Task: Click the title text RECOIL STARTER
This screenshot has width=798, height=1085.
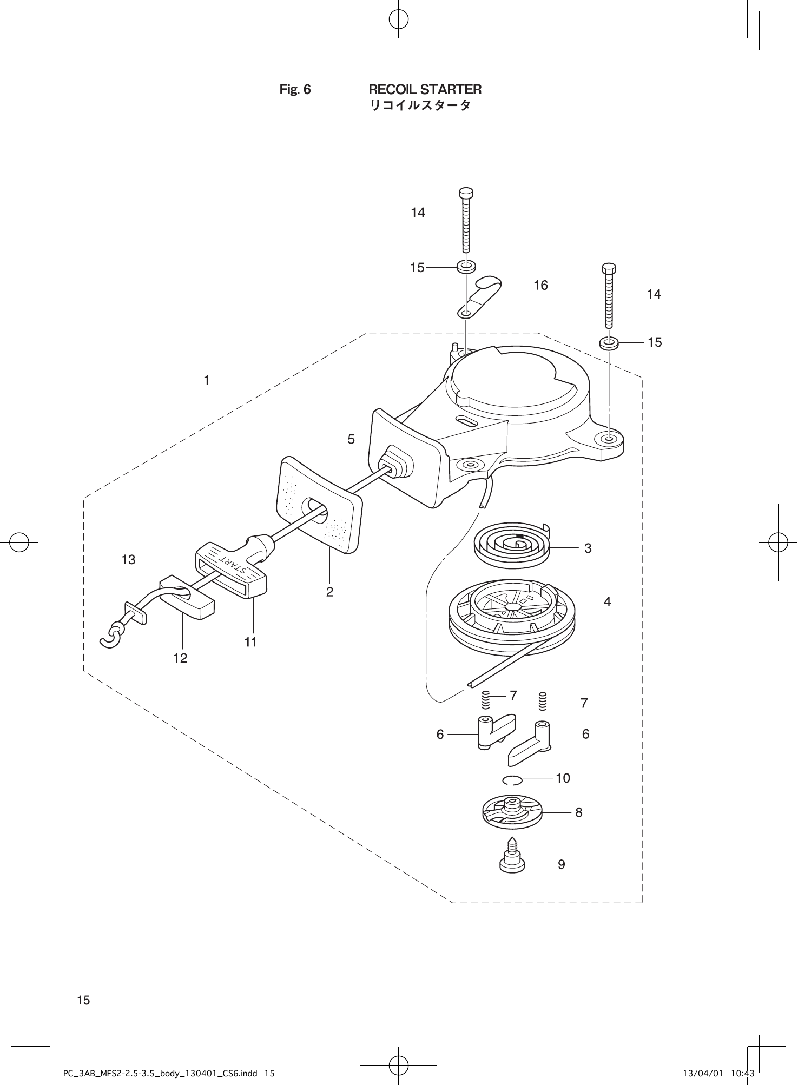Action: pyautogui.click(x=425, y=89)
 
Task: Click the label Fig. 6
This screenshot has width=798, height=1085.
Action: pyautogui.click(x=295, y=89)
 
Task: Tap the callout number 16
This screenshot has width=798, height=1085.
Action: pyautogui.click(x=540, y=285)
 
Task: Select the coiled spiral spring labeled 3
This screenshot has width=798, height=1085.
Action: pyautogui.click(x=511, y=545)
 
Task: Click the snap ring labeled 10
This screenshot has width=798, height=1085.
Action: pyautogui.click(x=512, y=779)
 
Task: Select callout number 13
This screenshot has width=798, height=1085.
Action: pyautogui.click(x=128, y=560)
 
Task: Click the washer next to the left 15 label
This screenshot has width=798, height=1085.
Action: pyautogui.click(x=466, y=267)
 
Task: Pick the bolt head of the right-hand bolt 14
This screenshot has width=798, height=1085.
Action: pyautogui.click(x=609, y=268)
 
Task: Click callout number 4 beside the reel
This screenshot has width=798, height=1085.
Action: pyautogui.click(x=607, y=601)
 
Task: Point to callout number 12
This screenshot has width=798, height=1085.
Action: pyautogui.click(x=180, y=658)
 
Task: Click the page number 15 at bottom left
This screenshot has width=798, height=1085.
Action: pyautogui.click(x=83, y=1000)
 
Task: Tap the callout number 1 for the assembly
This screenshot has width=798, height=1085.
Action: pyautogui.click(x=206, y=380)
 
